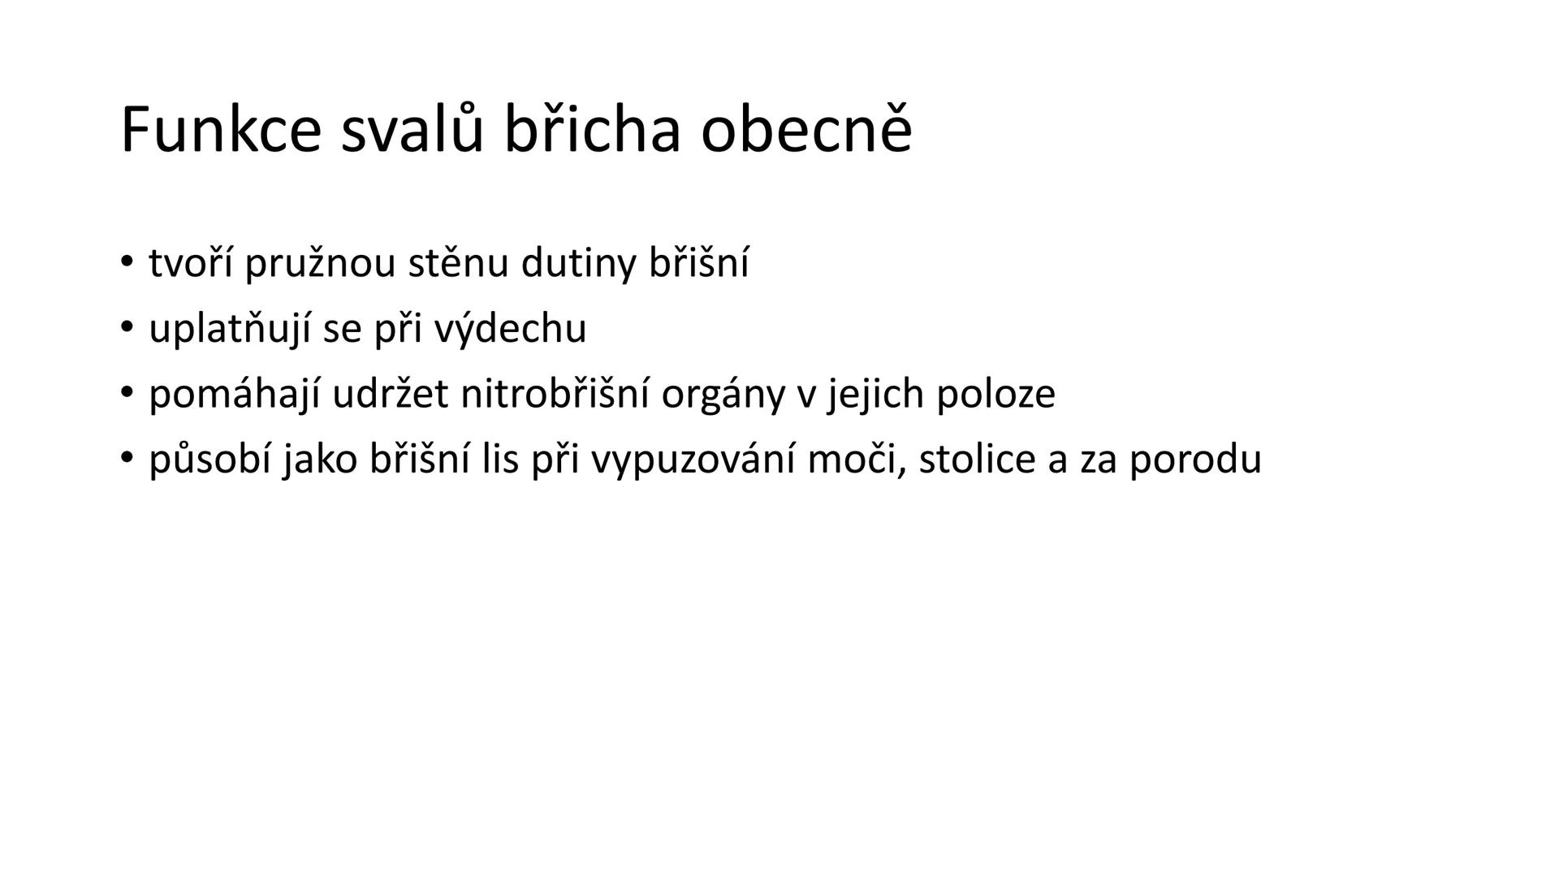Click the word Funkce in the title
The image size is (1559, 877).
click(221, 130)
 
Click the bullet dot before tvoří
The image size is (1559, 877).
click(126, 261)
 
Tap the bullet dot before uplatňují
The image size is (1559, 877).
click(126, 326)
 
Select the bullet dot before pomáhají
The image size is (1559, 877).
click(126, 392)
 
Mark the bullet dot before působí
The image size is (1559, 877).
click(126, 457)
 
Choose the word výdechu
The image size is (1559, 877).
click(510, 330)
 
